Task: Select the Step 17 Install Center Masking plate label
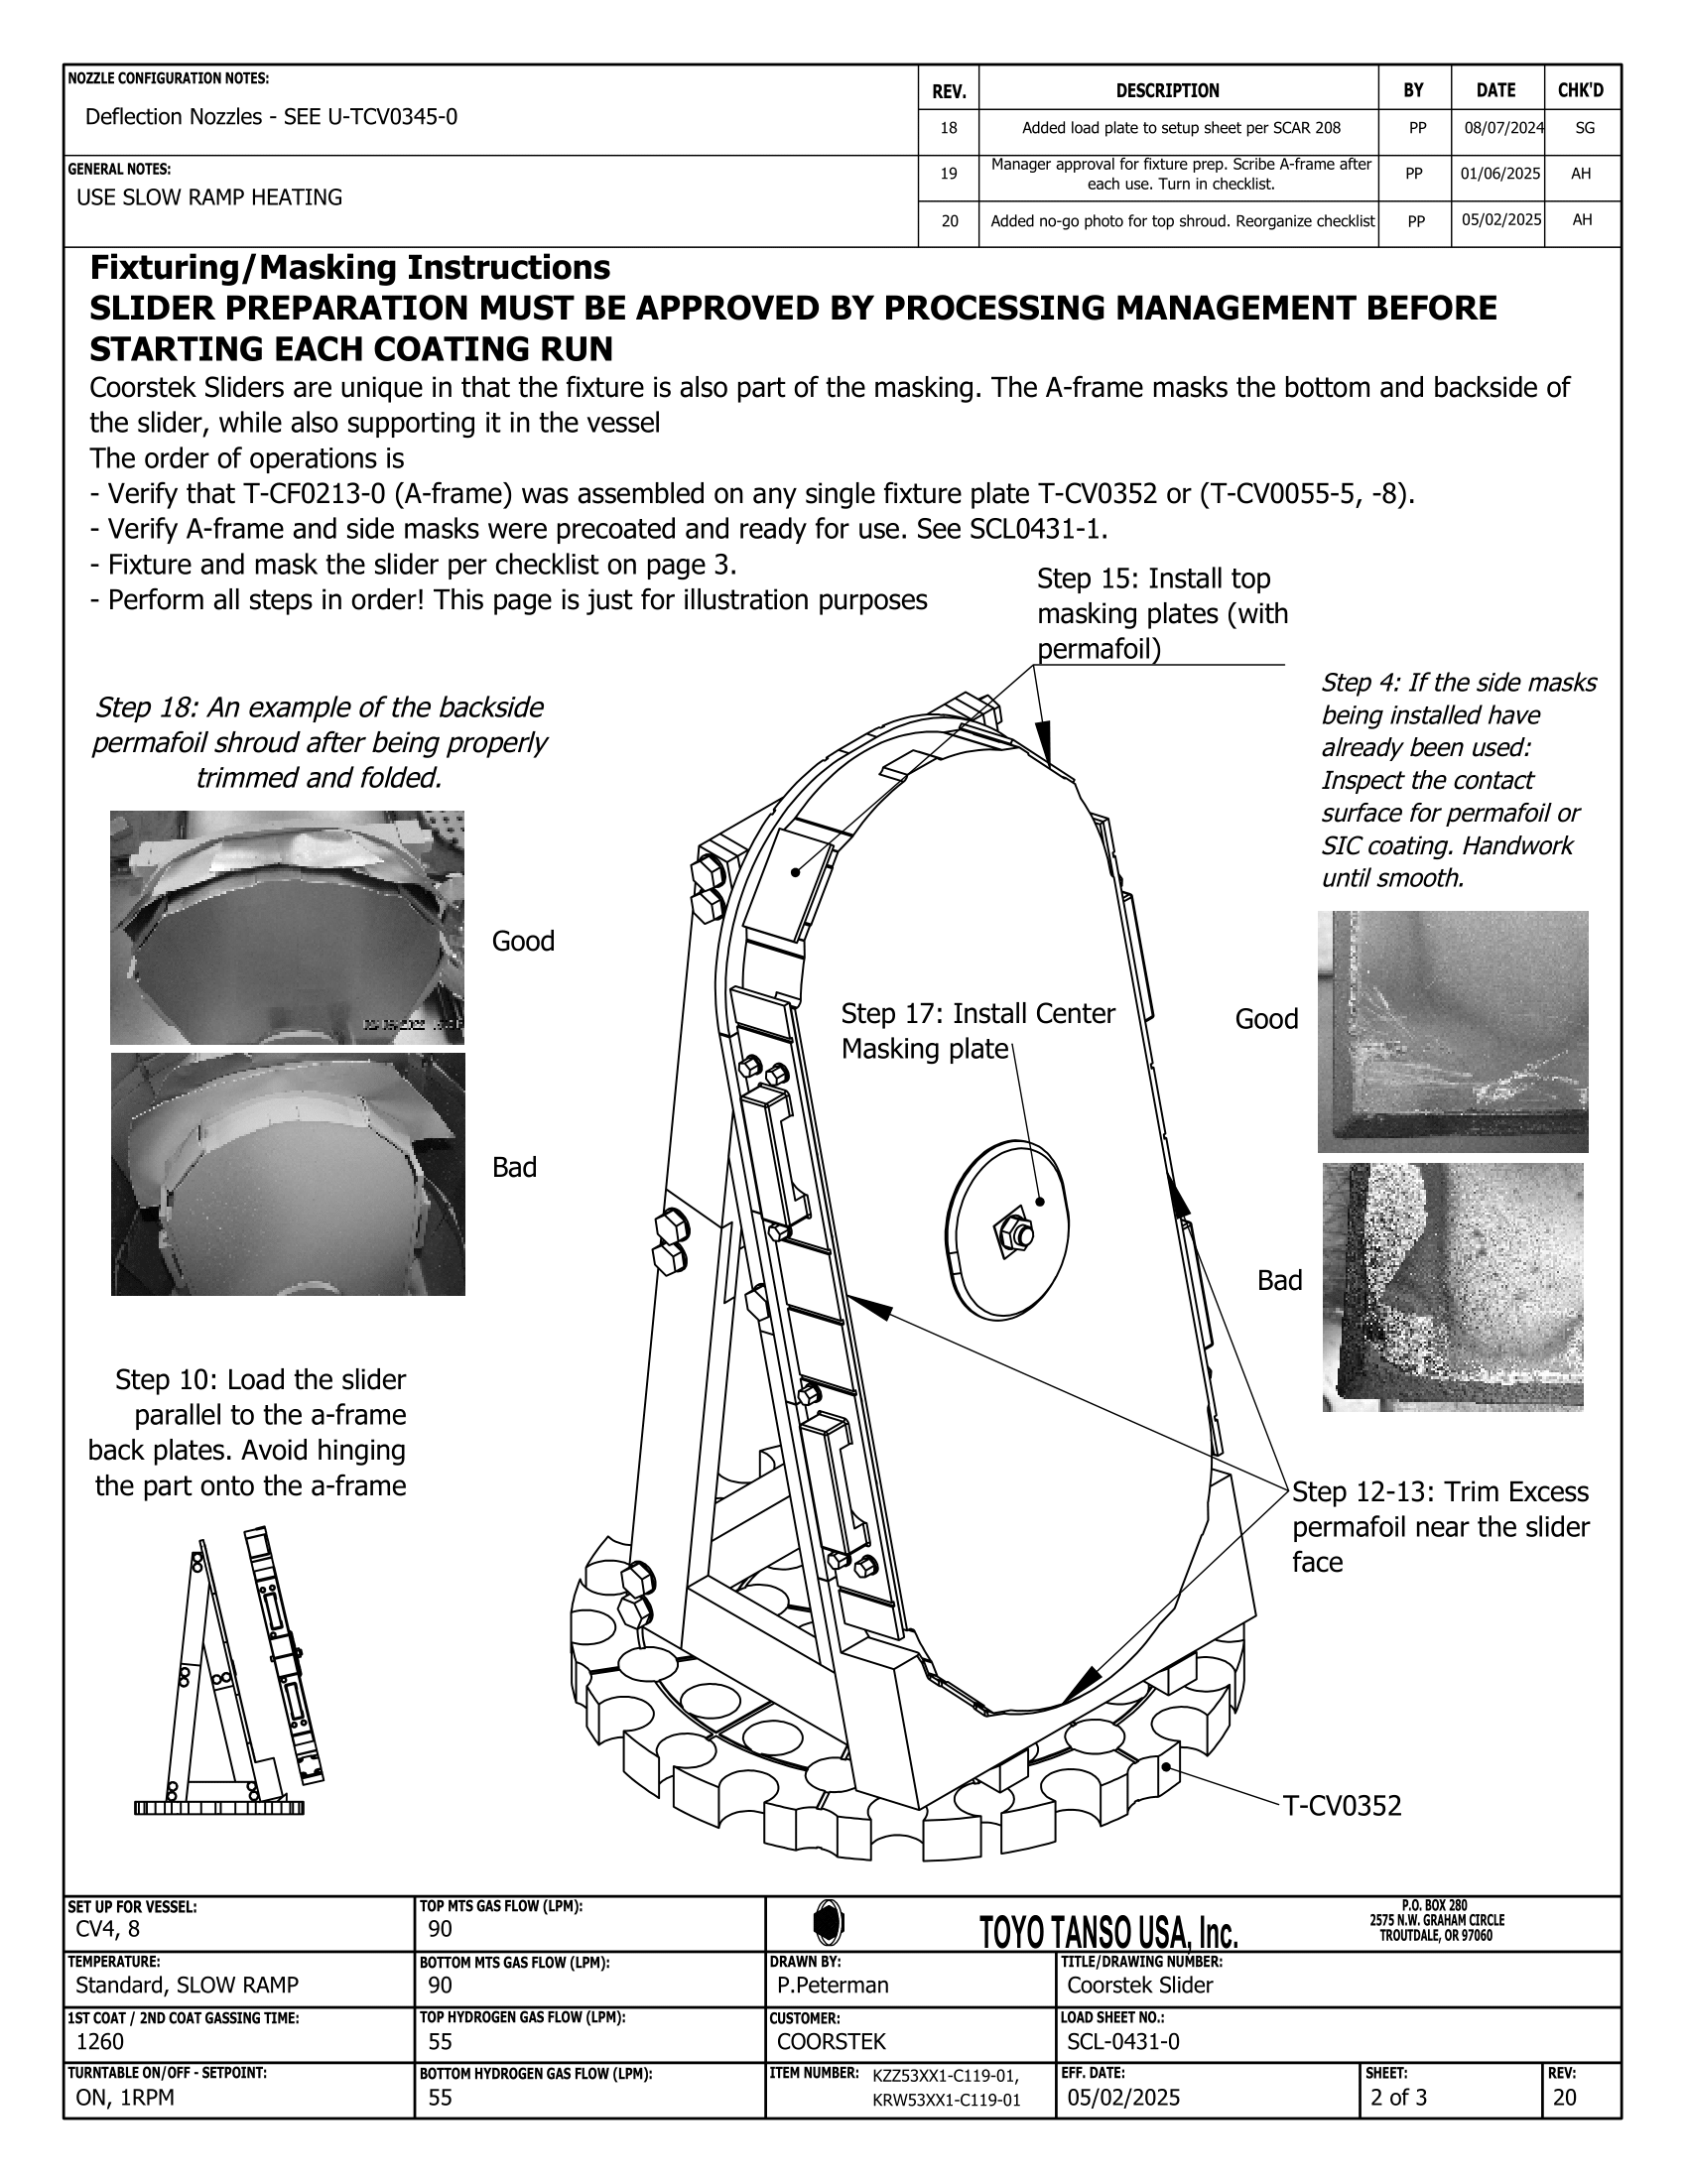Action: point(976,1031)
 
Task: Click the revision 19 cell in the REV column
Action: point(949,174)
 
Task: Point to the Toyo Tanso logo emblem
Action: point(829,1921)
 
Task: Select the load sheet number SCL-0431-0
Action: point(1123,2041)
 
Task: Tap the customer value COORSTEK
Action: point(832,2041)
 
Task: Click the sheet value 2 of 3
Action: point(1398,2097)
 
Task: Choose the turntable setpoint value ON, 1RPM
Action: point(125,2097)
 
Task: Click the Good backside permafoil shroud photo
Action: point(287,927)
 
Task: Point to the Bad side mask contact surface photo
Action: point(1452,1286)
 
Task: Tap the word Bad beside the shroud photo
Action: point(514,1168)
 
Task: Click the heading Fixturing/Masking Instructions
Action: point(349,268)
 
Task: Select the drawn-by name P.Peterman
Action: point(833,1986)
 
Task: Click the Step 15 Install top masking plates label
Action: point(1161,612)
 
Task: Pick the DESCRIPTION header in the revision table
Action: point(1167,91)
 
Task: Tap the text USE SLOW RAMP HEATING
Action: point(208,197)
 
